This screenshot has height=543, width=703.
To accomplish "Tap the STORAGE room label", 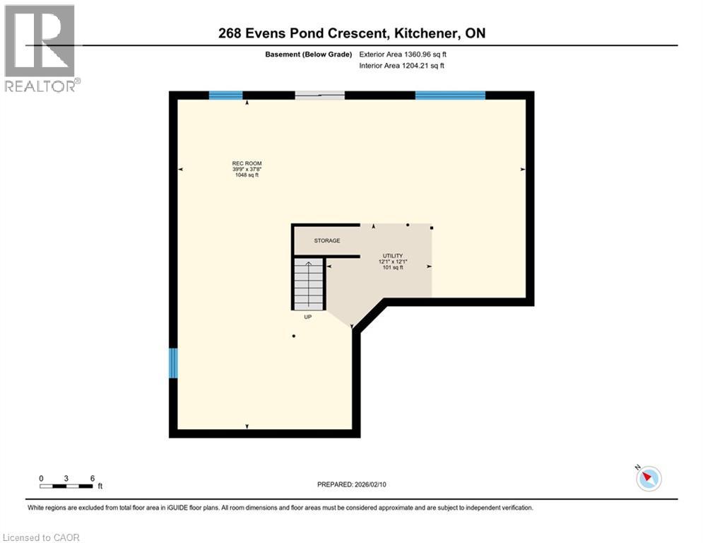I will (327, 240).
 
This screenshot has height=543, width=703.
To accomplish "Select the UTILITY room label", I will (392, 255).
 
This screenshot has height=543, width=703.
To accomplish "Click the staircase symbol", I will (309, 284).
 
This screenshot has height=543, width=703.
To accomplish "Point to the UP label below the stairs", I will (308, 317).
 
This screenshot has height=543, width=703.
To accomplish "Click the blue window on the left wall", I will (173, 363).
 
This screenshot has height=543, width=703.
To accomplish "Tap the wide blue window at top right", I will (450, 95).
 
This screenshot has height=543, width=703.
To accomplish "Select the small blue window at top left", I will (225, 95).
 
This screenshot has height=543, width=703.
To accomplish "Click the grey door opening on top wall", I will (319, 95).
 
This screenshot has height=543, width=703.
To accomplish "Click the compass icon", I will (648, 479).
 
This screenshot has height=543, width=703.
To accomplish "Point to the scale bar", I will (66, 486).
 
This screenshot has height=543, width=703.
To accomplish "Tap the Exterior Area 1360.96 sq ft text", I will (401, 54).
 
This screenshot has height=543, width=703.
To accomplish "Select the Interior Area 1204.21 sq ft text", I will (401, 66).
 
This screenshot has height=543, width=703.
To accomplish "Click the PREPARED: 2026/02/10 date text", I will (352, 484).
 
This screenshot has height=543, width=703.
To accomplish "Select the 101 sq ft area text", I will (392, 267).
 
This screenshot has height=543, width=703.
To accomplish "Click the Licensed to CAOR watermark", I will (41, 537).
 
